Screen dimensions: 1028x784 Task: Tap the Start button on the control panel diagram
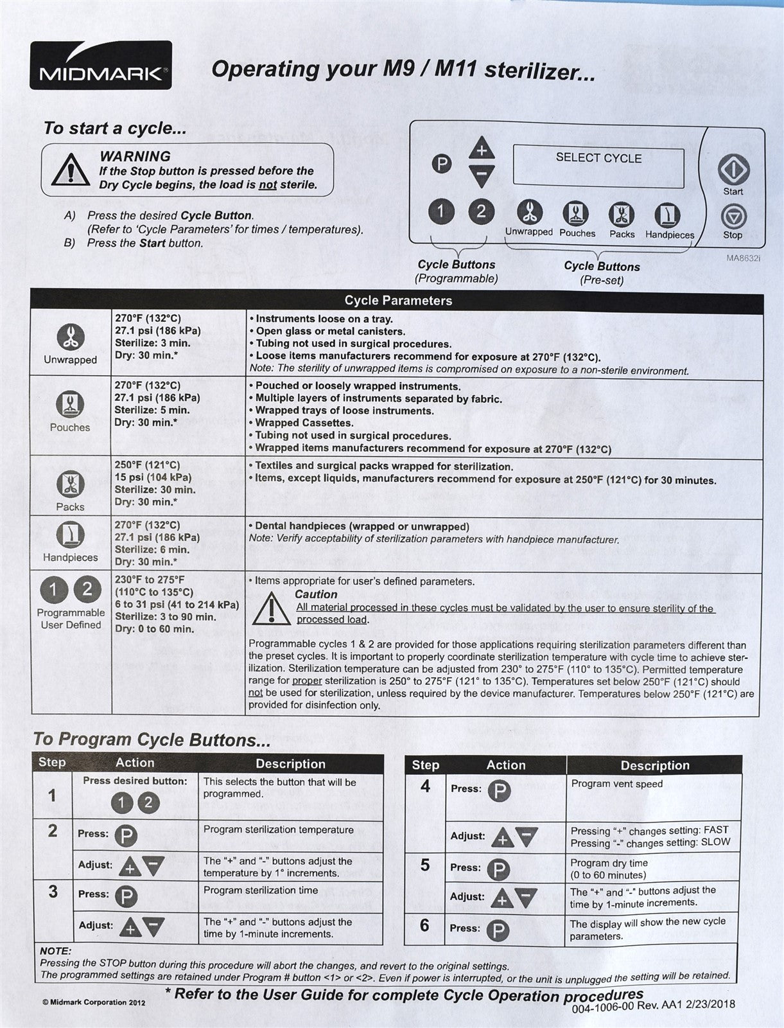pyautogui.click(x=733, y=170)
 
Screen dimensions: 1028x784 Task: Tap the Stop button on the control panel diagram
pyautogui.click(x=733, y=217)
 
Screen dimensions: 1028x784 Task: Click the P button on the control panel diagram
pyautogui.click(x=441, y=164)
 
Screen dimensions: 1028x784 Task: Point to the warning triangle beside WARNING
pyautogui.click(x=71, y=170)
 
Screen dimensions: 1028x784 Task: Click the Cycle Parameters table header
pyautogui.click(x=398, y=300)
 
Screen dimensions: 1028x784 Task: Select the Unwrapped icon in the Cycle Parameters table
pyautogui.click(x=70, y=336)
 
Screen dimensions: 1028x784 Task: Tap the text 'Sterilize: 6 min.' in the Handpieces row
pyautogui.click(x=152, y=549)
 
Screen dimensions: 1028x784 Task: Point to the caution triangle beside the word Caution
pyautogui.click(x=271, y=608)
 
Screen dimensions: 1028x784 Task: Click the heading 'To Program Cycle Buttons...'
pyautogui.click(x=152, y=740)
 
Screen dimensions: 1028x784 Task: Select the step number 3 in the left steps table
pyautogui.click(x=53, y=892)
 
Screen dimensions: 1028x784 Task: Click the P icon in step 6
pyautogui.click(x=498, y=930)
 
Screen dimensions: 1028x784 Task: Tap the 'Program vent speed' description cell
pyautogui.click(x=616, y=784)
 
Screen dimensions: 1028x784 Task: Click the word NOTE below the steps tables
pyautogui.click(x=55, y=951)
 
